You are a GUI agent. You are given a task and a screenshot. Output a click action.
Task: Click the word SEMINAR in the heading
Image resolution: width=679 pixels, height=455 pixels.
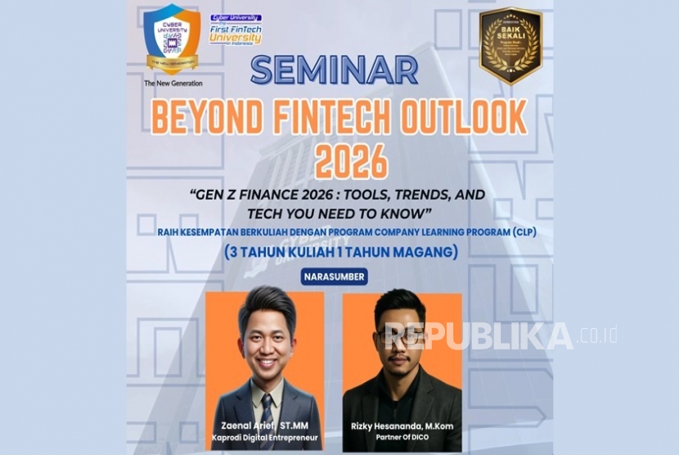coord(334,70)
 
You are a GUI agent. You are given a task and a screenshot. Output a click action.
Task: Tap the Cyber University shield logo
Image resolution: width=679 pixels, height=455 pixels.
coord(172,38)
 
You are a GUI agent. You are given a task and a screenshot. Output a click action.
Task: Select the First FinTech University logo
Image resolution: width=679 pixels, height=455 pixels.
coord(236,31)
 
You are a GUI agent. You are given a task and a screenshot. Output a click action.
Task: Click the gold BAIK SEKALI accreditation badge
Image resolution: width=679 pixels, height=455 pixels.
coord(510,45)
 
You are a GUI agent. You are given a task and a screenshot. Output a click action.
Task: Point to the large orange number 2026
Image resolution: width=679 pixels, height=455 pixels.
coord(339,162)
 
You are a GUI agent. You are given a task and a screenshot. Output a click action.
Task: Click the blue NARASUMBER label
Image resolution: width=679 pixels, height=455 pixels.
coord(335,277)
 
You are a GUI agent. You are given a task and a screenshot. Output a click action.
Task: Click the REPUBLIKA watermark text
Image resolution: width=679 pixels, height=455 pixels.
coord(479,336)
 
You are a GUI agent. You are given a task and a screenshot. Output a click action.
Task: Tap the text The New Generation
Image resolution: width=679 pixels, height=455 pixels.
coord(173,83)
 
